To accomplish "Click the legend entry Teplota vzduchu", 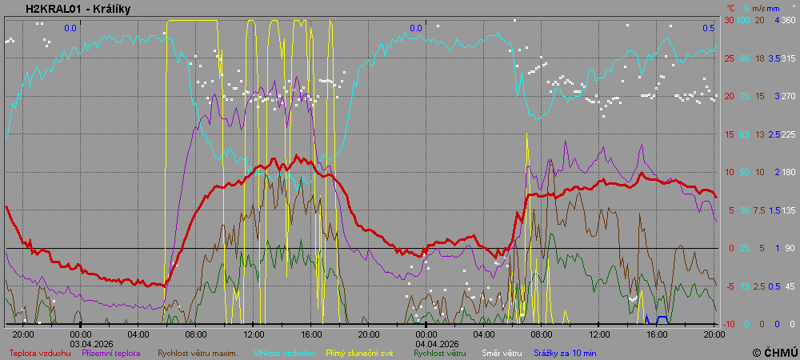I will pyautogui.click(x=40, y=352).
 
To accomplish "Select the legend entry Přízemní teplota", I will pyautogui.click(x=111, y=352).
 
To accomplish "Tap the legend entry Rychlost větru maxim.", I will pyautogui.click(x=198, y=352).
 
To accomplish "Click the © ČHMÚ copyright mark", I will pyautogui.click(x=774, y=352).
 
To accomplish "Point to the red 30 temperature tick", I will pyautogui.click(x=729, y=20).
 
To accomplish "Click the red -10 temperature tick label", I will pyautogui.click(x=729, y=324).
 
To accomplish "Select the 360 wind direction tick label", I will pyautogui.click(x=788, y=20).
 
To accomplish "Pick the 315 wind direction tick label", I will pyautogui.click(x=788, y=58).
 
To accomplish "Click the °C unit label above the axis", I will pyautogui.click(x=730, y=7).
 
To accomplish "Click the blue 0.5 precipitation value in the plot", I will pyautogui.click(x=709, y=28).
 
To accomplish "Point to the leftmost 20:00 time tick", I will pyautogui.click(x=23, y=334).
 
